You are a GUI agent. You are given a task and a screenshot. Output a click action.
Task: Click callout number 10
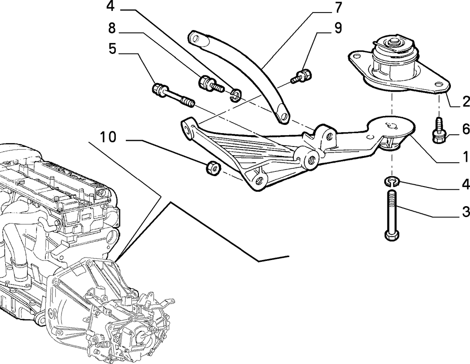click(x=108, y=137)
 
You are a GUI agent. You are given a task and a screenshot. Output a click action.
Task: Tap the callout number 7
click(x=338, y=7)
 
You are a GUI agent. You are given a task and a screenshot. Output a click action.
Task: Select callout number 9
click(x=338, y=28)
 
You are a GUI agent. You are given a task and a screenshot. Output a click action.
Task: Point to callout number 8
click(x=112, y=28)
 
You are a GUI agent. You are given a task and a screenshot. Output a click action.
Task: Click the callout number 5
click(x=112, y=49)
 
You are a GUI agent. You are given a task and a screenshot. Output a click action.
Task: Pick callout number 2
click(x=466, y=102)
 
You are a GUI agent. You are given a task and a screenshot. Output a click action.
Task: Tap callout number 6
click(x=466, y=129)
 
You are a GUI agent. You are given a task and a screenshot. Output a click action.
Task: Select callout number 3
click(x=466, y=211)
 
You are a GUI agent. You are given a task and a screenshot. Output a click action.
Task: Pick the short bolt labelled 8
click(x=211, y=84)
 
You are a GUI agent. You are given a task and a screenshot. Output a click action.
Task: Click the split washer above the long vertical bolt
click(x=392, y=181)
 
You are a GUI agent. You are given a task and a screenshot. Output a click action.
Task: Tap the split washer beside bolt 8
click(x=236, y=95)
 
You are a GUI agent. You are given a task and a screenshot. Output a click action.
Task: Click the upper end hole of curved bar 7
click(x=196, y=39)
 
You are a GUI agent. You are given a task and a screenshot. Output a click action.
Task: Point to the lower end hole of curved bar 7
click(x=283, y=115)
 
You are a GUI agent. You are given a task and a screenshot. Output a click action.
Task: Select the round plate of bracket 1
click(x=391, y=127)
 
